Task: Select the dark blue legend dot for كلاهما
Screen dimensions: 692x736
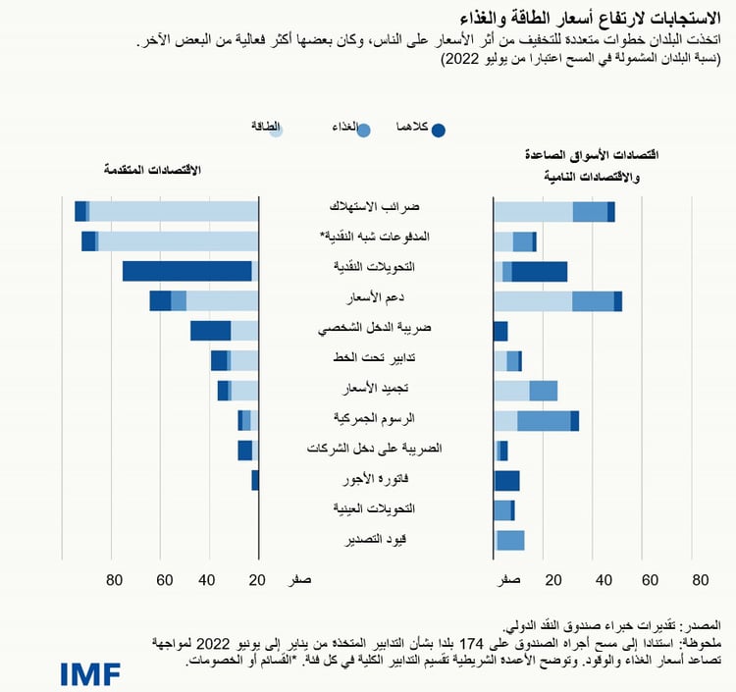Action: point(439,130)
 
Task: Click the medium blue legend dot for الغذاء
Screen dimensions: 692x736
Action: point(364,130)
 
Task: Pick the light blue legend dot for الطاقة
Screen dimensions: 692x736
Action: point(276,130)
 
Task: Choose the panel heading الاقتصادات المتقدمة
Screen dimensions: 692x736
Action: point(152,169)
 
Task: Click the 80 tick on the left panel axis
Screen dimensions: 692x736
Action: point(115,580)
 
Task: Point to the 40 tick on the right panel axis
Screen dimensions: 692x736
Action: point(600,580)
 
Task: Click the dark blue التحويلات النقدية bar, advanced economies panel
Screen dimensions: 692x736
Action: point(186,272)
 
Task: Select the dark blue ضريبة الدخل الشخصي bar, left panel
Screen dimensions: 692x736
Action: point(210,331)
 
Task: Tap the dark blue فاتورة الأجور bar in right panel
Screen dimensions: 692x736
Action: point(506,480)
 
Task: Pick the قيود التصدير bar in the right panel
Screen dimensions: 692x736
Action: point(510,540)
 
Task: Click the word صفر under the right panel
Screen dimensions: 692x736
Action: point(507,580)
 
